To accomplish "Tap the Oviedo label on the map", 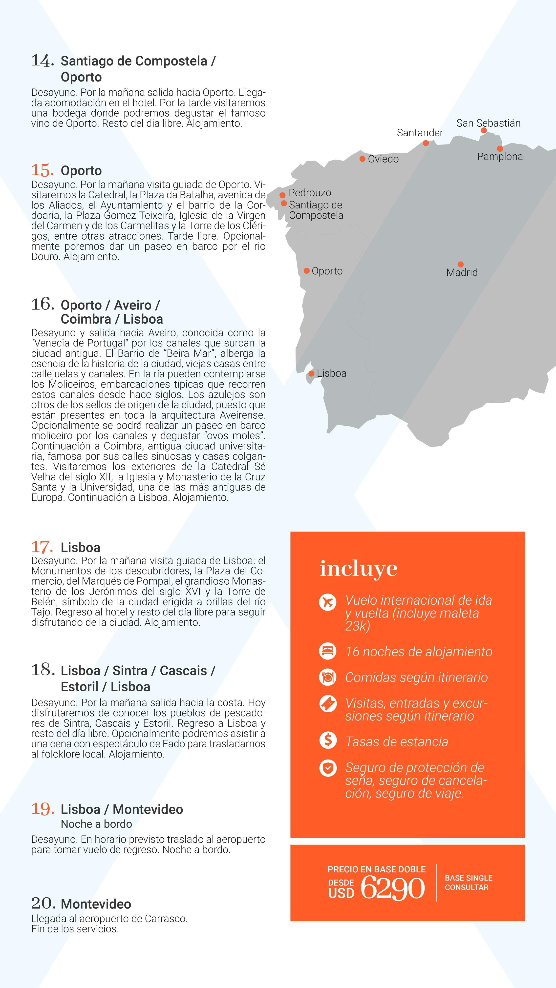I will (x=383, y=159).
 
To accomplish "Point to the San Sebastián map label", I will (x=488, y=123).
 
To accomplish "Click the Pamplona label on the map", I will (x=500, y=157).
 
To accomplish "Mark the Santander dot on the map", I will (x=426, y=143).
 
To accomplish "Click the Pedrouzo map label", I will (x=310, y=193).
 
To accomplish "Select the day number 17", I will (x=42, y=547).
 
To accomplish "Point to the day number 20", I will (x=42, y=903).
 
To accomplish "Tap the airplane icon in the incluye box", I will (x=328, y=602).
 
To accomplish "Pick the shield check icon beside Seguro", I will (x=328, y=768).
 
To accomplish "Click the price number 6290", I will (x=392, y=888).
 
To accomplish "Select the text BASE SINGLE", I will (x=468, y=878).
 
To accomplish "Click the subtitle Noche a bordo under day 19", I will (x=96, y=824).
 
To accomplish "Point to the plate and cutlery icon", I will (x=328, y=677).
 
